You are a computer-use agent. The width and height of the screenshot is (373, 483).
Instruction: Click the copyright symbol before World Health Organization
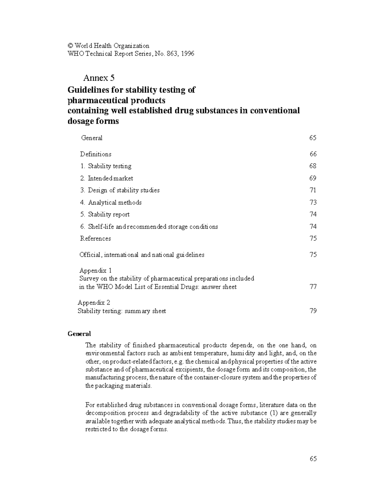70,46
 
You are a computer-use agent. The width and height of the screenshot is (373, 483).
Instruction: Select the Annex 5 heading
99,78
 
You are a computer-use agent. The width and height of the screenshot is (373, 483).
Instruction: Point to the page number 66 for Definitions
313,154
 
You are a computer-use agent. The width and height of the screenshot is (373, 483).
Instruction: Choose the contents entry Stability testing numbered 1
106,166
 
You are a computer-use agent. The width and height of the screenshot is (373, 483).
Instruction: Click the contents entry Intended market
107,178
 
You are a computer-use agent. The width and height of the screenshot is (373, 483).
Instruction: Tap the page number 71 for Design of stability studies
313,190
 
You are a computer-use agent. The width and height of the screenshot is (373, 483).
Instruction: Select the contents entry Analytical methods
111,202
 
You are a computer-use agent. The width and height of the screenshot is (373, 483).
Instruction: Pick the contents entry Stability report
105,215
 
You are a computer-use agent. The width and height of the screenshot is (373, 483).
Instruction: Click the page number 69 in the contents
313,178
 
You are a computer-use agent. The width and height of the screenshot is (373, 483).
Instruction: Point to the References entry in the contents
95,239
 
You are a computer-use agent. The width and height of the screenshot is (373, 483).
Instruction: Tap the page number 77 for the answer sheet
313,287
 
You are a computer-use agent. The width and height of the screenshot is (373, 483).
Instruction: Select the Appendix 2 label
94,303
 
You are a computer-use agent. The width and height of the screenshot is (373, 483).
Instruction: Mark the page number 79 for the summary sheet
313,311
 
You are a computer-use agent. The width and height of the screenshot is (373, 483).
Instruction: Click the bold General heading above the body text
79,334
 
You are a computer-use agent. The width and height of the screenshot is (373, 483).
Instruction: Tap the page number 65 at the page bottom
313,459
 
